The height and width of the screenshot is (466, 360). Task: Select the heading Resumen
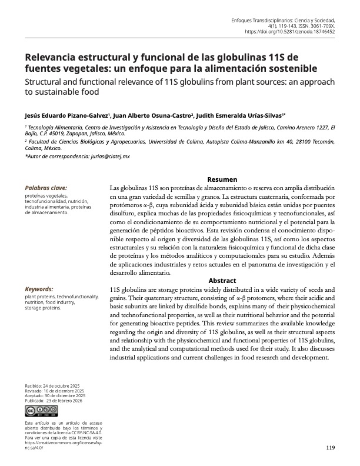click(x=222, y=179)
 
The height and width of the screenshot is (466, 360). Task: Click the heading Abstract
click(x=222, y=281)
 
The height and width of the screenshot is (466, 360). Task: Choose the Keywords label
click(x=39, y=289)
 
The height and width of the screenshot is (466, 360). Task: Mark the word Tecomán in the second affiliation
click(x=320, y=142)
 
